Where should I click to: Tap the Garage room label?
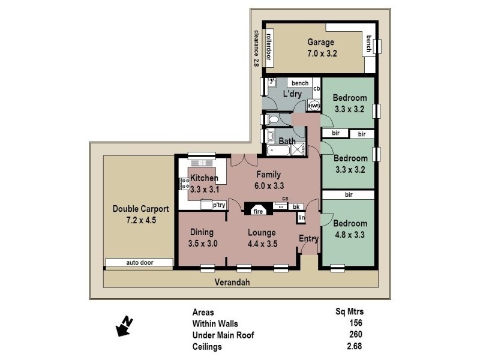click(321, 43)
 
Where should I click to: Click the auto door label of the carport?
click(139, 263)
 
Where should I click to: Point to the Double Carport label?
click(141, 209)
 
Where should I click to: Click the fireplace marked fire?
click(258, 211)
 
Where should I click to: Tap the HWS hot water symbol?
click(313, 106)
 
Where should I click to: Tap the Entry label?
click(308, 239)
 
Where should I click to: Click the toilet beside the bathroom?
click(272, 120)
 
